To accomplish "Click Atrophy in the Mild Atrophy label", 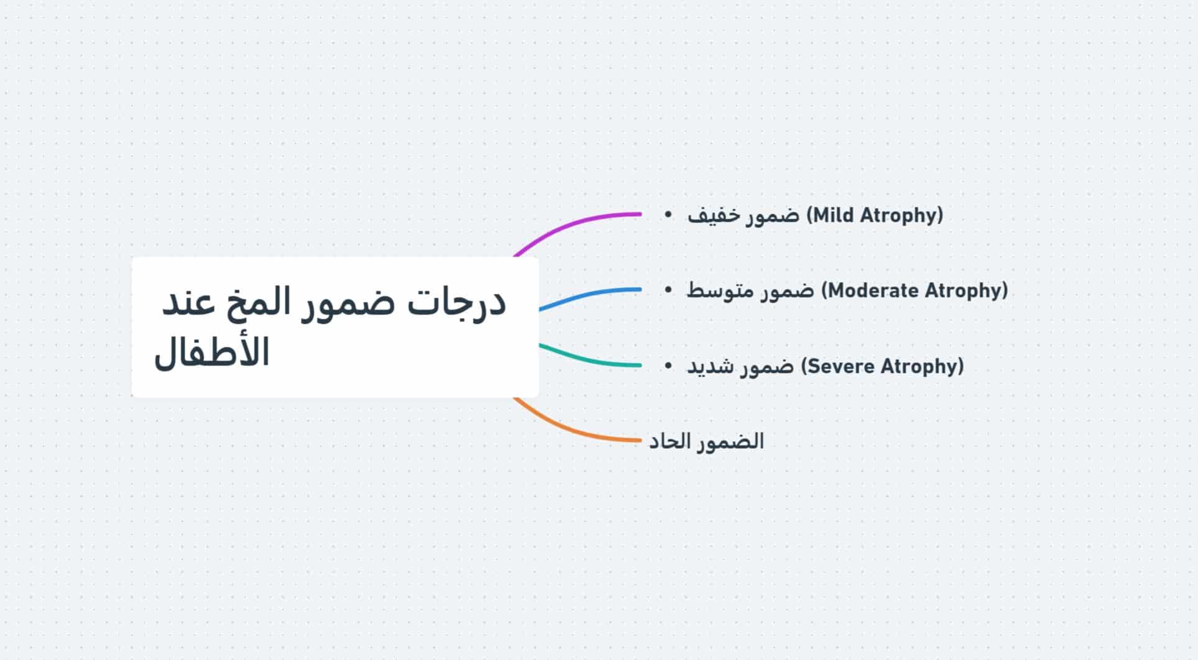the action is point(901,216).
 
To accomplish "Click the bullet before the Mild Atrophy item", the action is point(668,214).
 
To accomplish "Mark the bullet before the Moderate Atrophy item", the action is point(668,290).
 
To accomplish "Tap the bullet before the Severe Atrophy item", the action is point(668,365).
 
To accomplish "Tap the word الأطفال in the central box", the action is point(211,352).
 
